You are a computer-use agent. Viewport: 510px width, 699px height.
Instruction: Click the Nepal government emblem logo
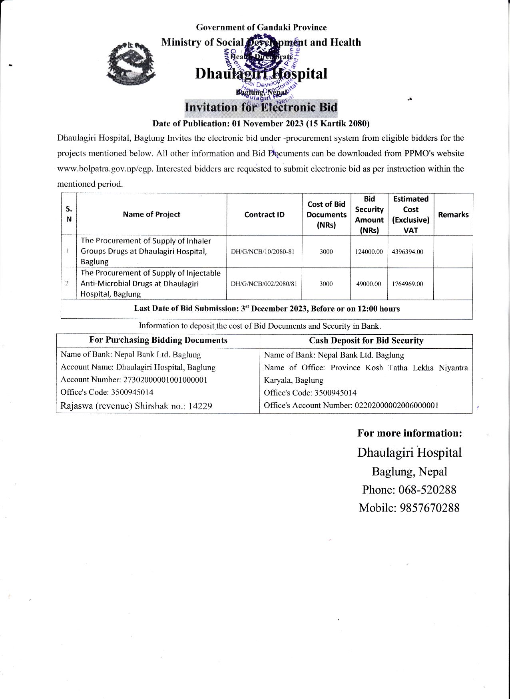click(x=131, y=63)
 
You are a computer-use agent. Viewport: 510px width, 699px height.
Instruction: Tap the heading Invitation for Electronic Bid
click(x=261, y=107)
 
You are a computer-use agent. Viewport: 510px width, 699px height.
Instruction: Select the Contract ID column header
click(x=264, y=215)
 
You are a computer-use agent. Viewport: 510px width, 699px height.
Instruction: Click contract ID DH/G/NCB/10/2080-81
click(x=263, y=252)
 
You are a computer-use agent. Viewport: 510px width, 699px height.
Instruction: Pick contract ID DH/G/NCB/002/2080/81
click(x=264, y=284)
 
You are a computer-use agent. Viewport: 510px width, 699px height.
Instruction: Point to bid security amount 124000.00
click(x=369, y=252)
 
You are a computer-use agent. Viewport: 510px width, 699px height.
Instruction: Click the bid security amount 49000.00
click(x=369, y=284)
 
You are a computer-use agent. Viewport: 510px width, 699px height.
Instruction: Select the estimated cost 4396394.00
click(x=407, y=252)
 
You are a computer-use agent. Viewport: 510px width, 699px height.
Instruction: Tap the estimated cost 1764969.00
click(x=407, y=284)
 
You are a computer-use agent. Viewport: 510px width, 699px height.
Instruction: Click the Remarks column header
click(x=453, y=215)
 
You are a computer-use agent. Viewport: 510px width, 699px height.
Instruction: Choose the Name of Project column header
click(x=151, y=214)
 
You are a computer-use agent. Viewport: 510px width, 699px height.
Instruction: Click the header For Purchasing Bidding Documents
click(x=158, y=340)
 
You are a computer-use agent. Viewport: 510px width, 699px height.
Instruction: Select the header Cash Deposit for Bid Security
click(x=366, y=341)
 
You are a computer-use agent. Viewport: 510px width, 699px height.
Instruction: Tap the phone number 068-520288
click(x=427, y=490)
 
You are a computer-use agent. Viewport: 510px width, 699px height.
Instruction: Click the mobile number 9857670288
click(x=430, y=508)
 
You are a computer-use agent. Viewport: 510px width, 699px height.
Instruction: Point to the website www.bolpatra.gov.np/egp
click(x=104, y=169)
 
